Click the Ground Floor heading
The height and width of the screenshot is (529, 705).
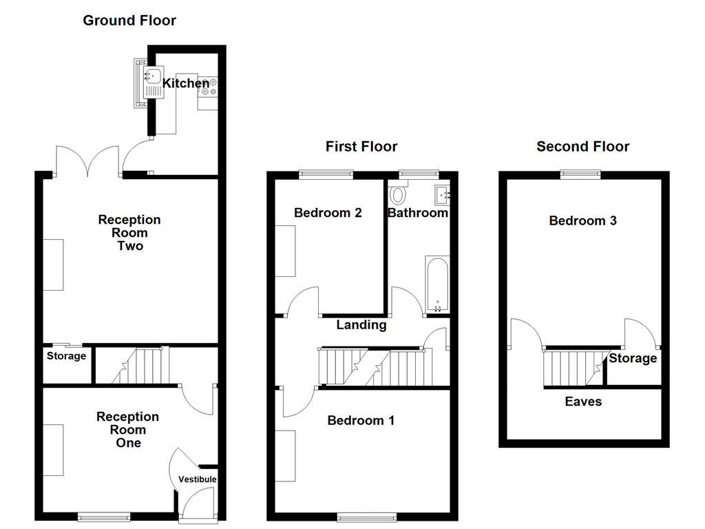(129, 21)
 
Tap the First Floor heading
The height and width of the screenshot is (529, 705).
(361, 146)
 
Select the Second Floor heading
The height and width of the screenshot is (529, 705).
(582, 146)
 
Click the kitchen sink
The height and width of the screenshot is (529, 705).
(150, 77)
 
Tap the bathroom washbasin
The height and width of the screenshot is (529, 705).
(441, 193)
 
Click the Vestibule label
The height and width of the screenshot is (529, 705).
(198, 479)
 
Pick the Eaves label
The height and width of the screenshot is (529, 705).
(583, 402)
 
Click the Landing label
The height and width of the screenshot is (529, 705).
(361, 325)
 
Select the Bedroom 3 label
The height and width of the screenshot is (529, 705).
(582, 220)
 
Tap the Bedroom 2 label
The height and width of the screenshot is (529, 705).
(328, 213)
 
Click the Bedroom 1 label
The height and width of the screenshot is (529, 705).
(361, 420)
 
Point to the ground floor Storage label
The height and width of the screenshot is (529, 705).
(67, 356)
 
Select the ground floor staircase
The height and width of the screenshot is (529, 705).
(140, 366)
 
